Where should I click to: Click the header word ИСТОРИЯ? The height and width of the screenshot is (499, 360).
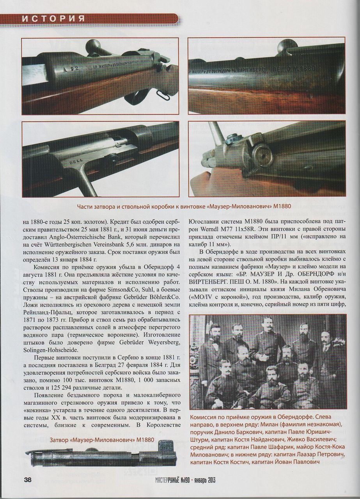click(53, 18)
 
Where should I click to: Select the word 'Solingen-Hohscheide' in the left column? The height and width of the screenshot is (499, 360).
click(50, 350)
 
